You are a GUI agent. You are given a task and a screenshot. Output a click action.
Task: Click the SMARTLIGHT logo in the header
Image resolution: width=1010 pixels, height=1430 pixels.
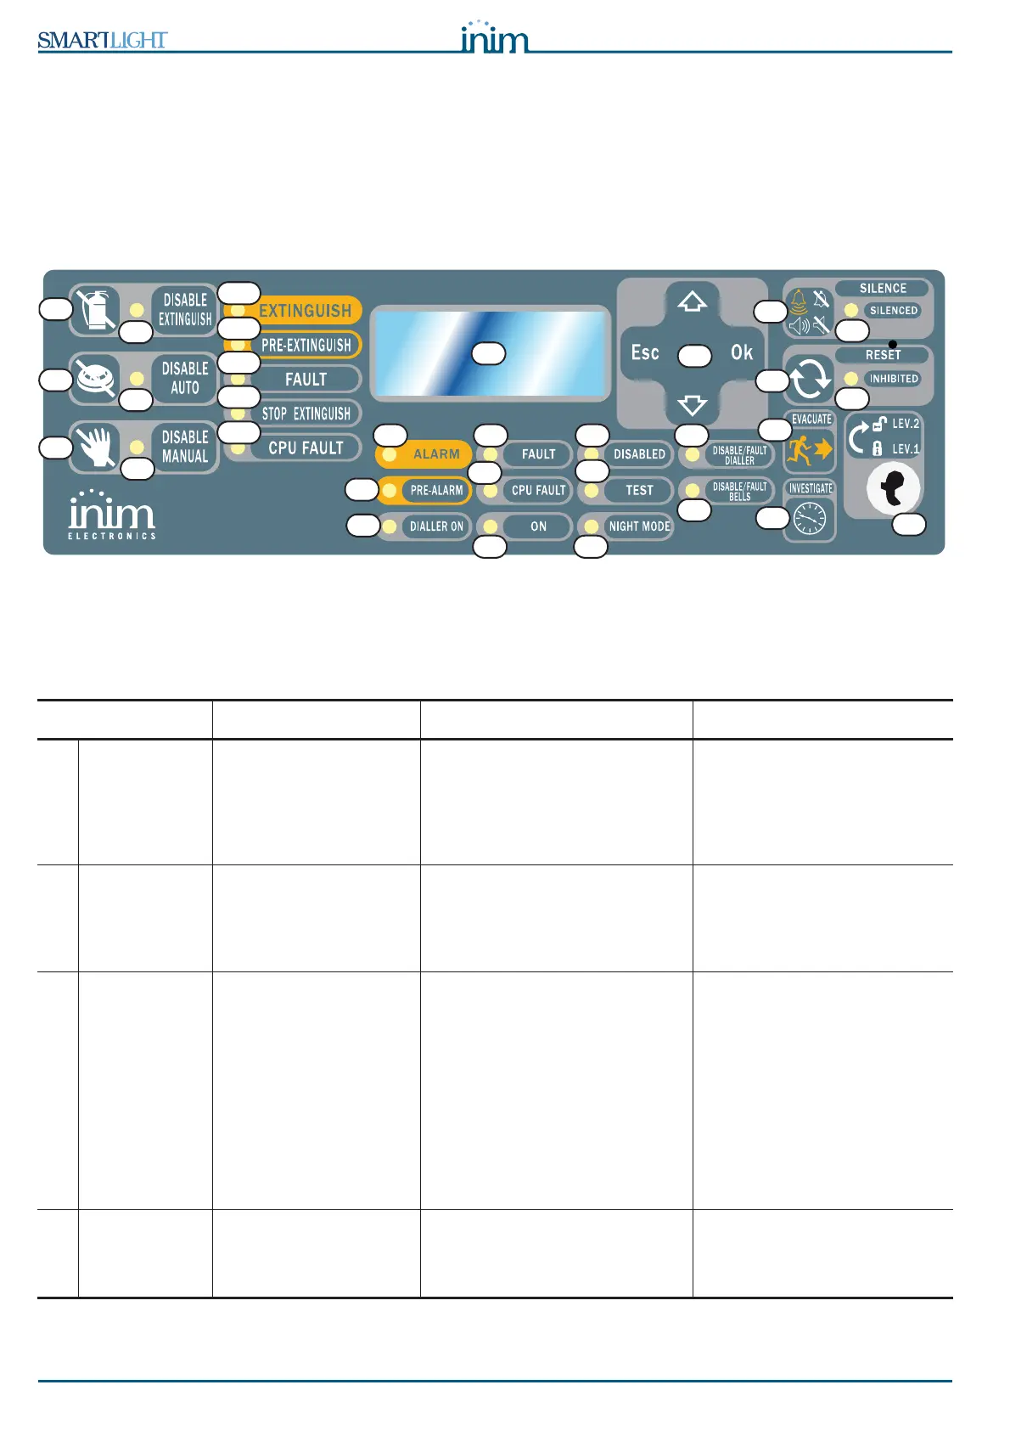click(x=102, y=40)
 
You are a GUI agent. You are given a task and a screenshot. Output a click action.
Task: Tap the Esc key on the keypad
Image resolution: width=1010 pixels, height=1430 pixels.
click(x=645, y=352)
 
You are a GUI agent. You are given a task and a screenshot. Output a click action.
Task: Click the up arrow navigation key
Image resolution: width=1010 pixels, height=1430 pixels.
click(x=693, y=301)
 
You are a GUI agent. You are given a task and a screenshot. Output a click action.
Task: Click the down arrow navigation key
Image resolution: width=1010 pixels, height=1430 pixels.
click(x=693, y=404)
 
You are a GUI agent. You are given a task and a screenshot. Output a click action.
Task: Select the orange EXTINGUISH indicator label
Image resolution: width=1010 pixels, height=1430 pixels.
click(x=305, y=311)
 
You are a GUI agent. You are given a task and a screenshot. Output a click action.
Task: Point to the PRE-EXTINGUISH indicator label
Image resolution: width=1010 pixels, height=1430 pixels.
click(x=306, y=345)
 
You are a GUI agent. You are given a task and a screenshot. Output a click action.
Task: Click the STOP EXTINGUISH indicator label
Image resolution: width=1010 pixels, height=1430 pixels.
click(x=306, y=414)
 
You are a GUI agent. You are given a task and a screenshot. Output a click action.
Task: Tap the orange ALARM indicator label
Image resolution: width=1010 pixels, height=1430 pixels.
click(x=435, y=454)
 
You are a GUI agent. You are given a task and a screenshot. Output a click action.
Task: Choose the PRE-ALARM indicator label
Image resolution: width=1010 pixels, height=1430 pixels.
click(x=436, y=490)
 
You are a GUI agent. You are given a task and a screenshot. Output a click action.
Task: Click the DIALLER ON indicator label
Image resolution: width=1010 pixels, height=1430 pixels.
click(x=436, y=526)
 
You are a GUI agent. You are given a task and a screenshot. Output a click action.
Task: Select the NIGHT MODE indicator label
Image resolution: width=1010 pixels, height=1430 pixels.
click(x=639, y=526)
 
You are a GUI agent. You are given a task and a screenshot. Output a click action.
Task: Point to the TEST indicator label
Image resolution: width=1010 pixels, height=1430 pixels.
click(x=639, y=490)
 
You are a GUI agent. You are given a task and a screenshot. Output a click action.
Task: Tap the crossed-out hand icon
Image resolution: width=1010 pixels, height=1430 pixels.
click(x=98, y=447)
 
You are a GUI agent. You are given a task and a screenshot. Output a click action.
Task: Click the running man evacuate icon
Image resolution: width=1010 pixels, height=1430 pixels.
click(x=809, y=450)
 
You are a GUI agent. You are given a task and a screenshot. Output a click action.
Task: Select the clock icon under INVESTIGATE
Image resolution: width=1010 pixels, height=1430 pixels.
click(x=809, y=519)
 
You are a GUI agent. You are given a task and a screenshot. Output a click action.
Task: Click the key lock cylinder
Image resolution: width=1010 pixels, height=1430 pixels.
click(x=893, y=488)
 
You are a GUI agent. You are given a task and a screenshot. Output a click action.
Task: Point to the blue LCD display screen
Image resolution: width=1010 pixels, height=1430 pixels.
click(x=491, y=352)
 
